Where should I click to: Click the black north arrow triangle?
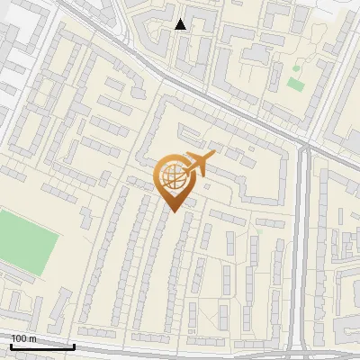181,24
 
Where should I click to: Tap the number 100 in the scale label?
18,338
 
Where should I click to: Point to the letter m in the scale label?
32,338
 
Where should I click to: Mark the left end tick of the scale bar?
11,345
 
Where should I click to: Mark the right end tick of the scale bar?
74,345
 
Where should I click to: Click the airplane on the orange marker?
198,164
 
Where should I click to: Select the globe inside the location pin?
172,177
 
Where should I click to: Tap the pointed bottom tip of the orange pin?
172,212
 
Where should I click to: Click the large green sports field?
27,238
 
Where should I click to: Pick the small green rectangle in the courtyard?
295,85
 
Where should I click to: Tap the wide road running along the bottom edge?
180,349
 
